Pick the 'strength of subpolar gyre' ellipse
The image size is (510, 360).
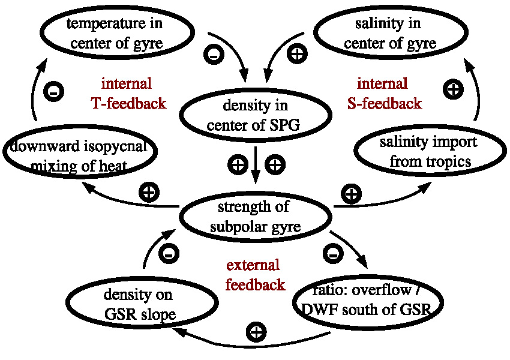(256, 217)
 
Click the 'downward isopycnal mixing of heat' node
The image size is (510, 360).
(80, 155)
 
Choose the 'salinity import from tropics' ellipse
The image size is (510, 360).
(428, 152)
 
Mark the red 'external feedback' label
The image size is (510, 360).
(255, 274)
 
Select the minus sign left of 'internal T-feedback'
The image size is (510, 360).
(53, 92)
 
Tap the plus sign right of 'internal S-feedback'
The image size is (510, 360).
(454, 90)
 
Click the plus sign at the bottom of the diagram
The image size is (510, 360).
(257, 332)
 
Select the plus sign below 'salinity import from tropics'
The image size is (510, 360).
(351, 194)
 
